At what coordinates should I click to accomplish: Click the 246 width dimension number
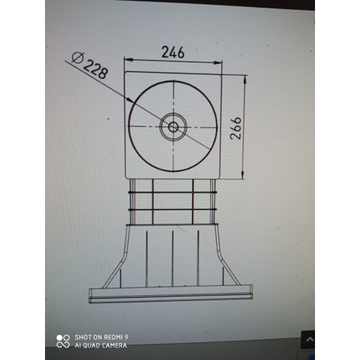tap(173, 52)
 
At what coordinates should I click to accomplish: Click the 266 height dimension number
tap(236, 128)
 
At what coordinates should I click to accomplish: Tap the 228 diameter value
tap(97, 68)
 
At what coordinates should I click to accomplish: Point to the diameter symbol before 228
tap(79, 57)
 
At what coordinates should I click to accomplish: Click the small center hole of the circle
tap(173, 127)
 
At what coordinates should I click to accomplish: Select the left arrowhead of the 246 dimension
tap(128, 63)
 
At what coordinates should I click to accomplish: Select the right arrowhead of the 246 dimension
tap(219, 63)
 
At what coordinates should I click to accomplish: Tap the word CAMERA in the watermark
tap(114, 345)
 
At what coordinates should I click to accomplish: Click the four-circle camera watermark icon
tap(63, 341)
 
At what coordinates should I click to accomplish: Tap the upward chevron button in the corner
tap(308, 340)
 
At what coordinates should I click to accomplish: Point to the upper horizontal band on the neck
tap(172, 193)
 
